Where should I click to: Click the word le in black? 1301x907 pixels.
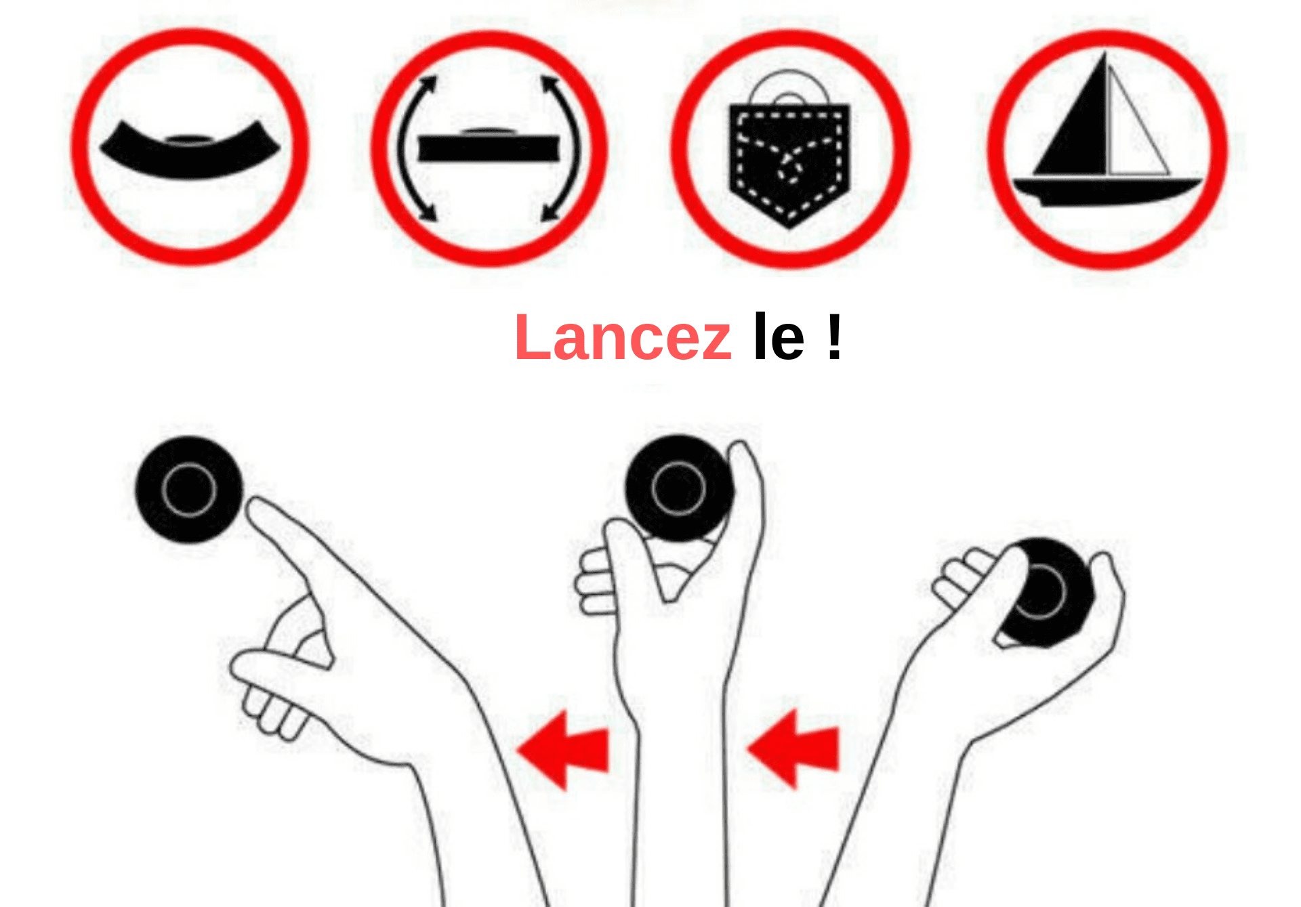point(779,335)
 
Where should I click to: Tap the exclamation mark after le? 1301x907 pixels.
point(834,337)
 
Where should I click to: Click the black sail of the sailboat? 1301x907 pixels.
point(1077,122)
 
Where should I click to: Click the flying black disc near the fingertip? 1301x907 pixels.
point(189,489)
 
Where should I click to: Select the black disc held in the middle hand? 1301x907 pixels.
point(678,488)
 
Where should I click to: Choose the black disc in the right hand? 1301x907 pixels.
point(1047,592)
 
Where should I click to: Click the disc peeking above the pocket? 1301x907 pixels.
point(789,87)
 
